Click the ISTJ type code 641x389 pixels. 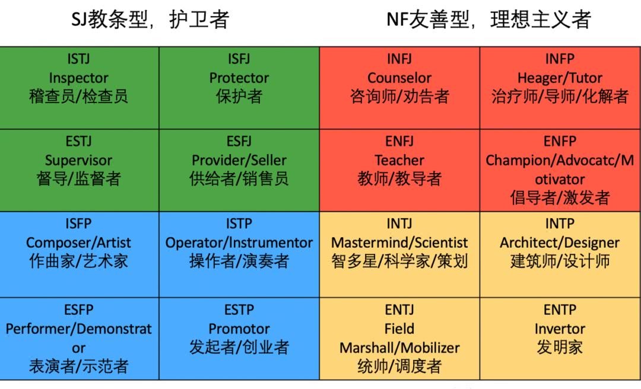tap(78, 59)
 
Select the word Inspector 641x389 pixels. tap(78, 78)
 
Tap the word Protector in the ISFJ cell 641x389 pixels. tap(239, 78)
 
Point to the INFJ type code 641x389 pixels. tap(399, 59)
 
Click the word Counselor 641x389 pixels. tap(399, 78)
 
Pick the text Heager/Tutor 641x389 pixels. tap(560, 78)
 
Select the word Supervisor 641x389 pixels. tap(78, 160)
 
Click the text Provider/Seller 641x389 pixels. tap(239, 160)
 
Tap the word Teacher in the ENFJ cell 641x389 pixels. tap(399, 160)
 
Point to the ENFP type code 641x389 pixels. tap(560, 141)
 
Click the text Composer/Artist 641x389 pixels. tap(78, 243)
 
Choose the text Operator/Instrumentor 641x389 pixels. tap(239, 243)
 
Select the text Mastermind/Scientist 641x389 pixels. tap(399, 243)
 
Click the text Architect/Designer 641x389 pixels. tap(560, 243)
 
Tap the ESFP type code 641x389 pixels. tap(78, 310)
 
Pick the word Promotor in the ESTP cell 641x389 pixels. tap(239, 329)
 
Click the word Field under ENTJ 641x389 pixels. tap(399, 329)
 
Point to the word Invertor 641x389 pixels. tap(560, 329)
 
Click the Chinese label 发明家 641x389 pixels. tap(560, 347)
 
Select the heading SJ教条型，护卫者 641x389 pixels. tap(150, 20)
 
